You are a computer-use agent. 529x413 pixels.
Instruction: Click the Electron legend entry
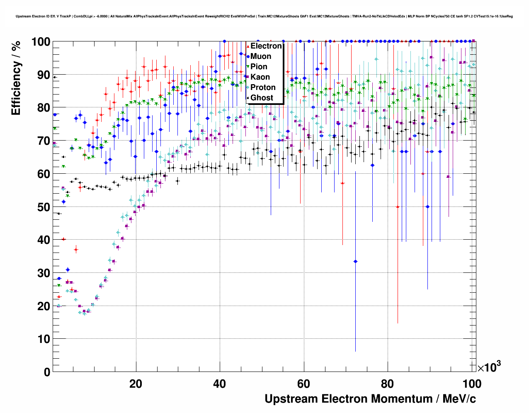266,46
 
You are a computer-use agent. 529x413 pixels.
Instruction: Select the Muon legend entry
260,56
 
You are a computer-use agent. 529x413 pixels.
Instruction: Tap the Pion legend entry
259,67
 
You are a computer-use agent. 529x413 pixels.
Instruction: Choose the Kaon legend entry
260,77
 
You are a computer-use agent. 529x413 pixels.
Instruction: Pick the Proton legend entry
263,87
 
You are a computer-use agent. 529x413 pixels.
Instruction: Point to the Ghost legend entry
262,98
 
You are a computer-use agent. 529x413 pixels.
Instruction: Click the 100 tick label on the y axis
41,42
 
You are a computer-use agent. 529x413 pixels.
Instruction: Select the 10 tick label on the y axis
44,339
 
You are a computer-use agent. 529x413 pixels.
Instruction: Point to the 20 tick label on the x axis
136,384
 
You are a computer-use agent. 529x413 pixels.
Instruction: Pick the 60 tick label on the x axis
304,384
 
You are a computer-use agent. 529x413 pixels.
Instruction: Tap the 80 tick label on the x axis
388,384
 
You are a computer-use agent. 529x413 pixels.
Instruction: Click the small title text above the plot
264,17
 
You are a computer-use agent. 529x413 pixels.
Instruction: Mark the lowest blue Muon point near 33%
355,261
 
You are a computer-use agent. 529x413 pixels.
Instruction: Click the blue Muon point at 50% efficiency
427,206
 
